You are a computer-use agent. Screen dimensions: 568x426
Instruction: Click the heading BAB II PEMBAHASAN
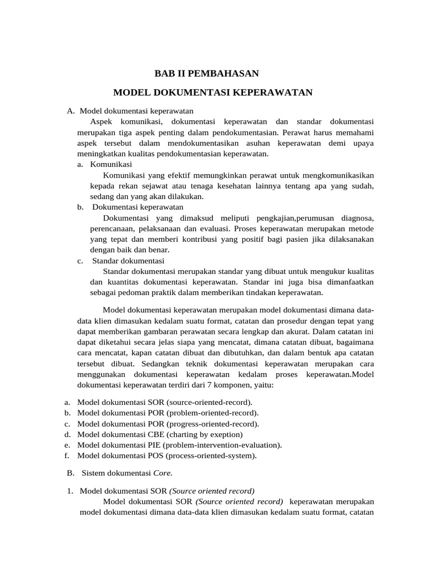click(206, 73)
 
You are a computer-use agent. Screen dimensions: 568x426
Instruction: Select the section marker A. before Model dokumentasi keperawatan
click(70, 111)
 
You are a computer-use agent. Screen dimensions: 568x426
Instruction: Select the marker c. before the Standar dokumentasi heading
click(80, 261)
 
